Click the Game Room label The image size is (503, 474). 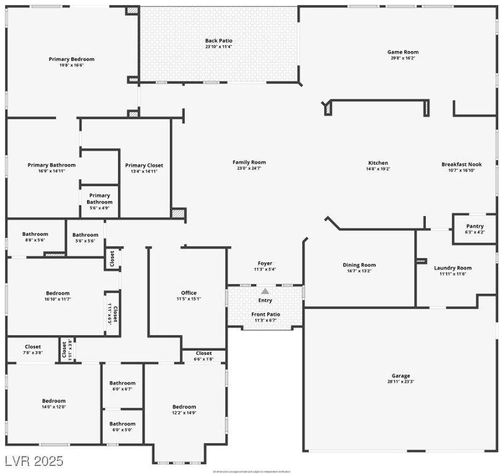point(402,52)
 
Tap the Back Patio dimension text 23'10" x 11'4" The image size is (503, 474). point(218,47)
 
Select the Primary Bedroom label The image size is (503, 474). point(72,59)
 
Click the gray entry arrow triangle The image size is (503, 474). point(265,291)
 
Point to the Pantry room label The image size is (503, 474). point(475,227)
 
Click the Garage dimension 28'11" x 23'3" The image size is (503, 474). point(401,382)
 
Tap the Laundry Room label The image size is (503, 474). point(452,268)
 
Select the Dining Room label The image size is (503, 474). point(359,265)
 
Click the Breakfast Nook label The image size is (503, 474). point(461,164)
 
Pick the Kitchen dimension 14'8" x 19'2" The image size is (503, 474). point(378,169)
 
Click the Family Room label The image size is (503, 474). point(249,162)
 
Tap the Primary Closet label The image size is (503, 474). point(144,165)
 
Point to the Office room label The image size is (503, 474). point(189,293)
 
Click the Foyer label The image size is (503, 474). point(265,264)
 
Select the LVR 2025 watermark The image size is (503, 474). point(33,461)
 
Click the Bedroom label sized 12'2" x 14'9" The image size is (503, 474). point(184,407)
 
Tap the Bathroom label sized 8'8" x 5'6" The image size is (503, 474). point(35,234)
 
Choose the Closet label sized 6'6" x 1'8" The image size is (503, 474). point(204,353)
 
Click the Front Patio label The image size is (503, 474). point(265,314)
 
